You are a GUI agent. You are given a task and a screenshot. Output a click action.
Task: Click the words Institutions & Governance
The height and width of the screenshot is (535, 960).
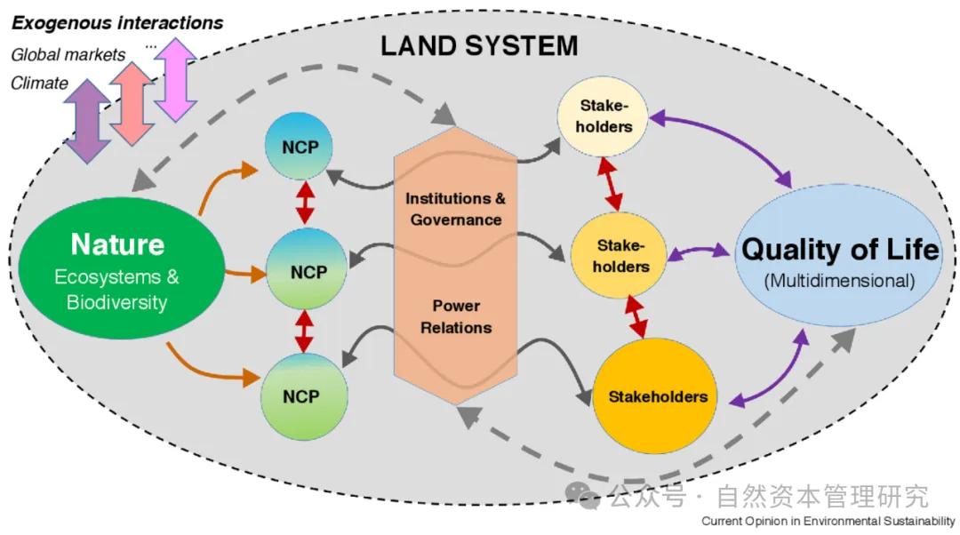click(456, 209)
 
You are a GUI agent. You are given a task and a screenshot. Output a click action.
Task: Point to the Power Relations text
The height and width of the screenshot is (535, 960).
click(456, 316)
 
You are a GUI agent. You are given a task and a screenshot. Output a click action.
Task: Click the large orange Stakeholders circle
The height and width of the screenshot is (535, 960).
click(657, 397)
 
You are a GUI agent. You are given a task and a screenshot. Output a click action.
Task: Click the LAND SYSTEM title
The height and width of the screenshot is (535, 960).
click(479, 45)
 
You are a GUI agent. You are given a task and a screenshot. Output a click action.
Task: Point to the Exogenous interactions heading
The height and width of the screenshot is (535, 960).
click(117, 21)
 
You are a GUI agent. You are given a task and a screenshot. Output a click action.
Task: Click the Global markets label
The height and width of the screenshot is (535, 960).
click(68, 55)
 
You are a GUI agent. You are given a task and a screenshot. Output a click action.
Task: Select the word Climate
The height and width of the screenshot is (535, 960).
click(39, 84)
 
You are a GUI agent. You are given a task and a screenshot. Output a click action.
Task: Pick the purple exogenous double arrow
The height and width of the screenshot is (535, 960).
click(87, 120)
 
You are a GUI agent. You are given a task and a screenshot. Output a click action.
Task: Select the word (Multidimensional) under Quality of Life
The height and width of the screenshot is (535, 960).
click(839, 281)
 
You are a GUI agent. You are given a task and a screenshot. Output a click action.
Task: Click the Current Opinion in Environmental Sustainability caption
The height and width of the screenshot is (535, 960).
click(828, 521)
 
